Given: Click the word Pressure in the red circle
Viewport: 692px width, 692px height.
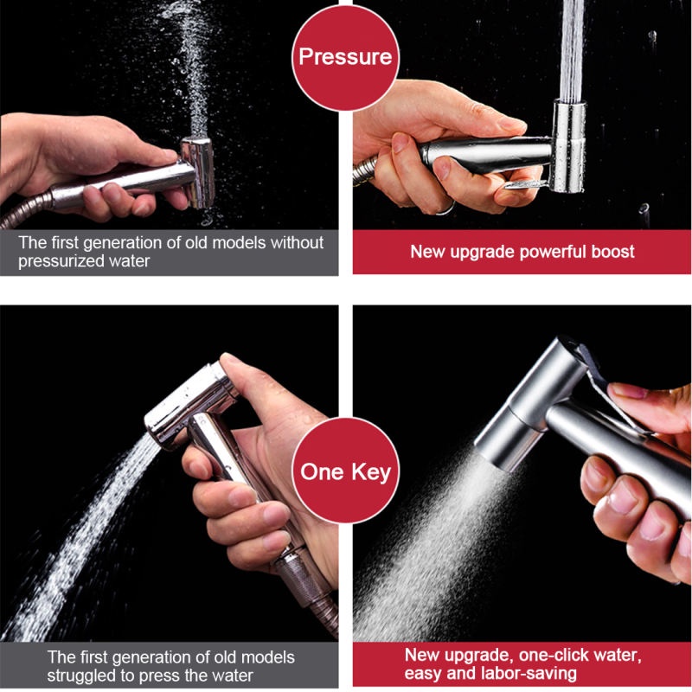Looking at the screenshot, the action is [345, 56].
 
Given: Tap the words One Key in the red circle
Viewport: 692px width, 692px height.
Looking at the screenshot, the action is [345, 471].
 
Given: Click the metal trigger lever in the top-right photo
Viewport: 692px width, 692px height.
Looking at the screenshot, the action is [526, 183].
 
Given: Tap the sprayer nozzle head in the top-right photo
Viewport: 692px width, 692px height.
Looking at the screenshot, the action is [568, 145].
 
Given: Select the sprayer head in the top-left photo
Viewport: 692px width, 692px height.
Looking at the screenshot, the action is [198, 172].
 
